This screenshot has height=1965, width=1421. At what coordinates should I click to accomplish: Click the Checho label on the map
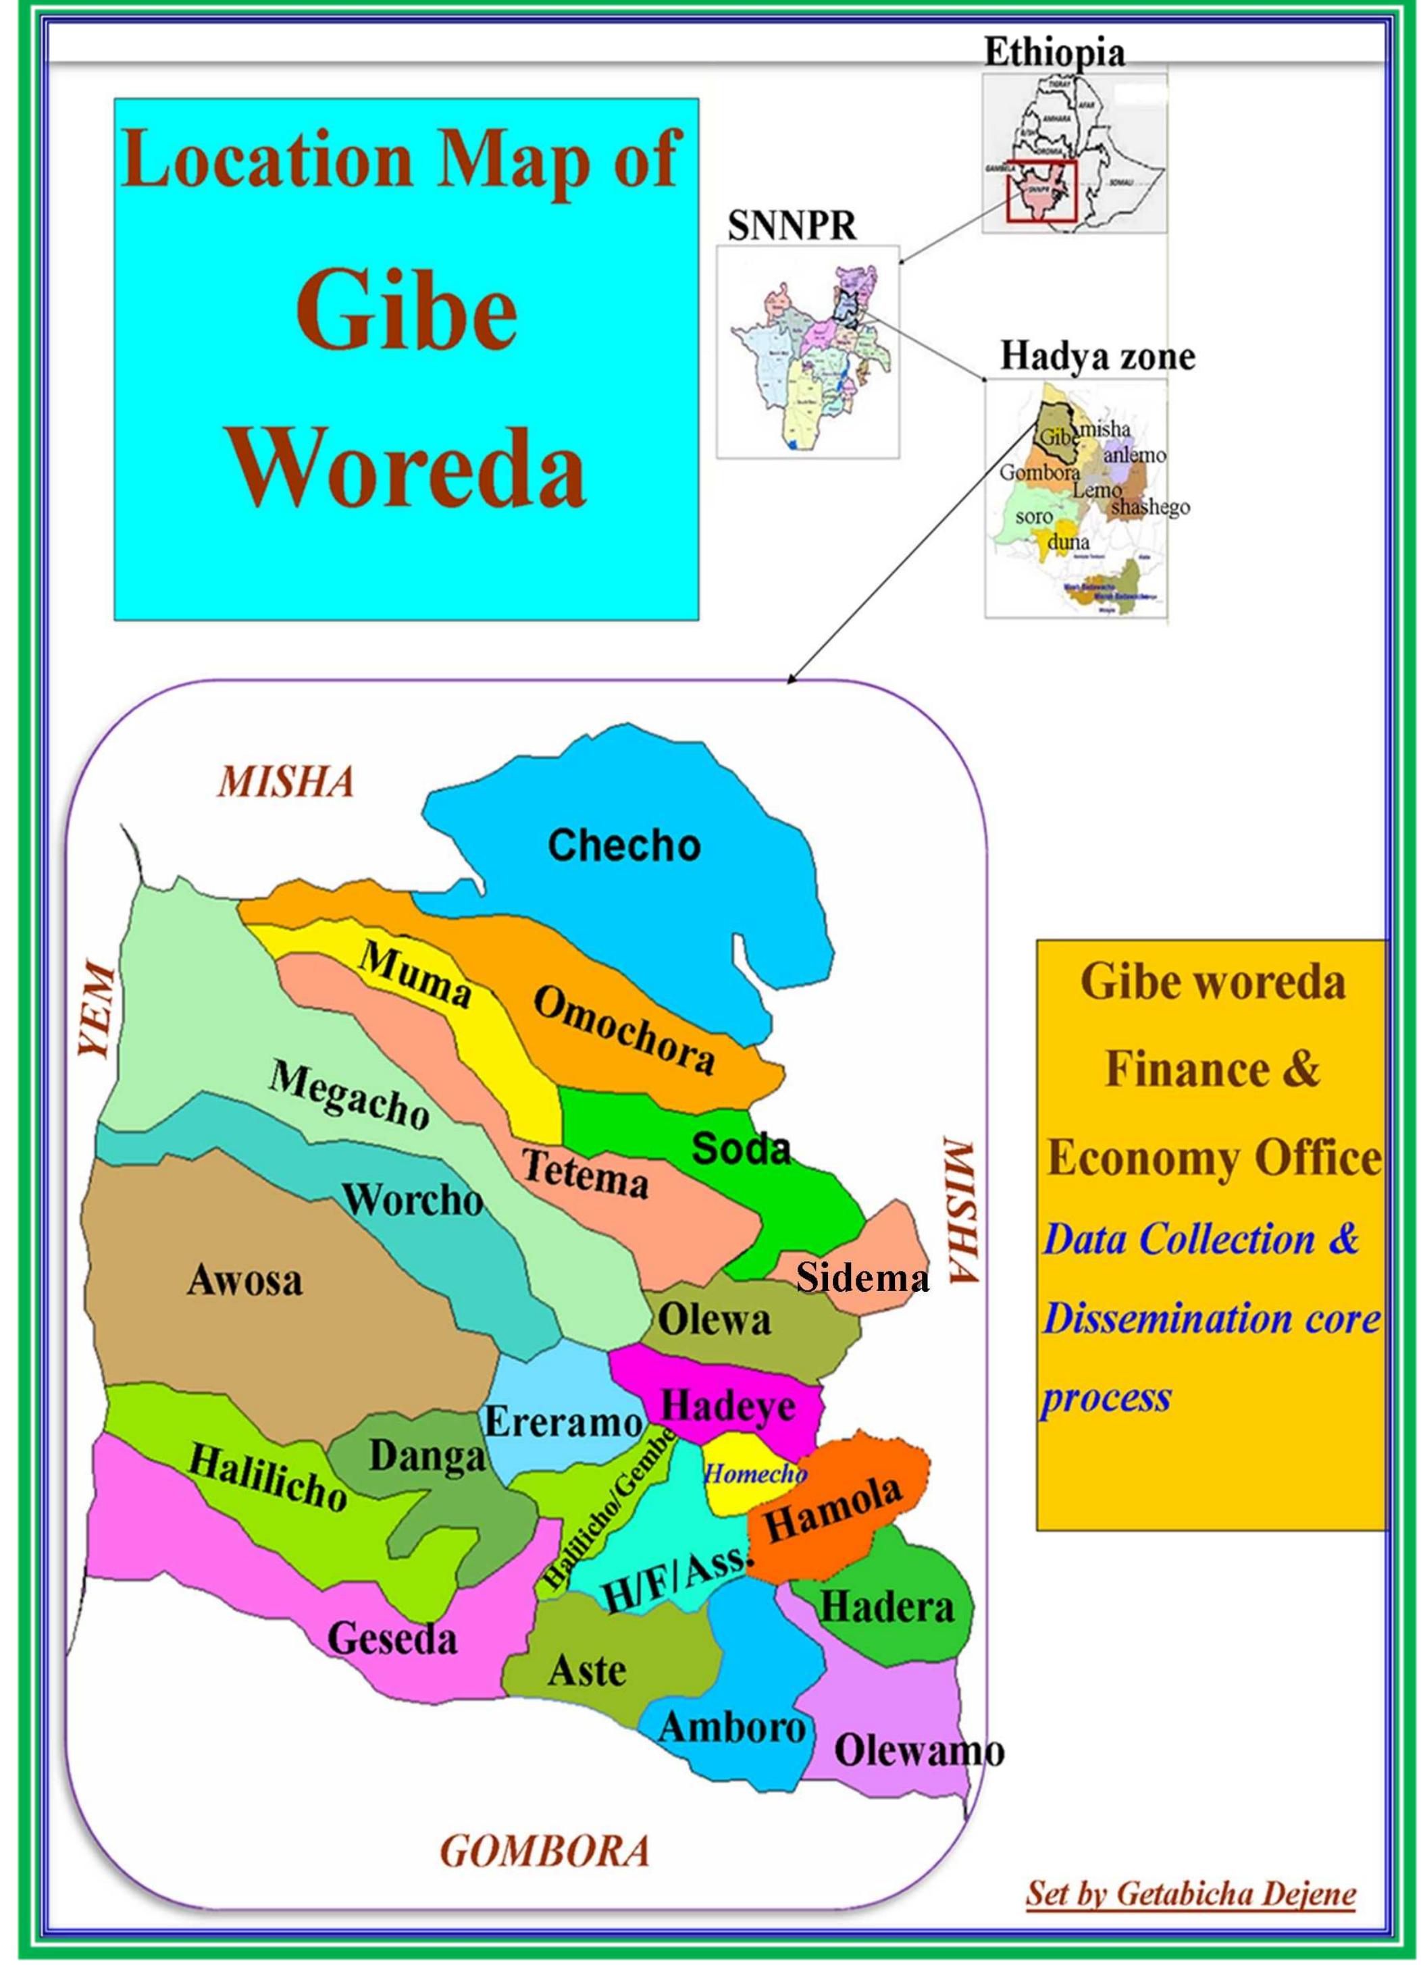[624, 845]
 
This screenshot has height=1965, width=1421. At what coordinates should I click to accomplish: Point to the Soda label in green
[742, 1149]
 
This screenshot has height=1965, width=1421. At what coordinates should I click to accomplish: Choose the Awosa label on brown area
[244, 1280]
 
